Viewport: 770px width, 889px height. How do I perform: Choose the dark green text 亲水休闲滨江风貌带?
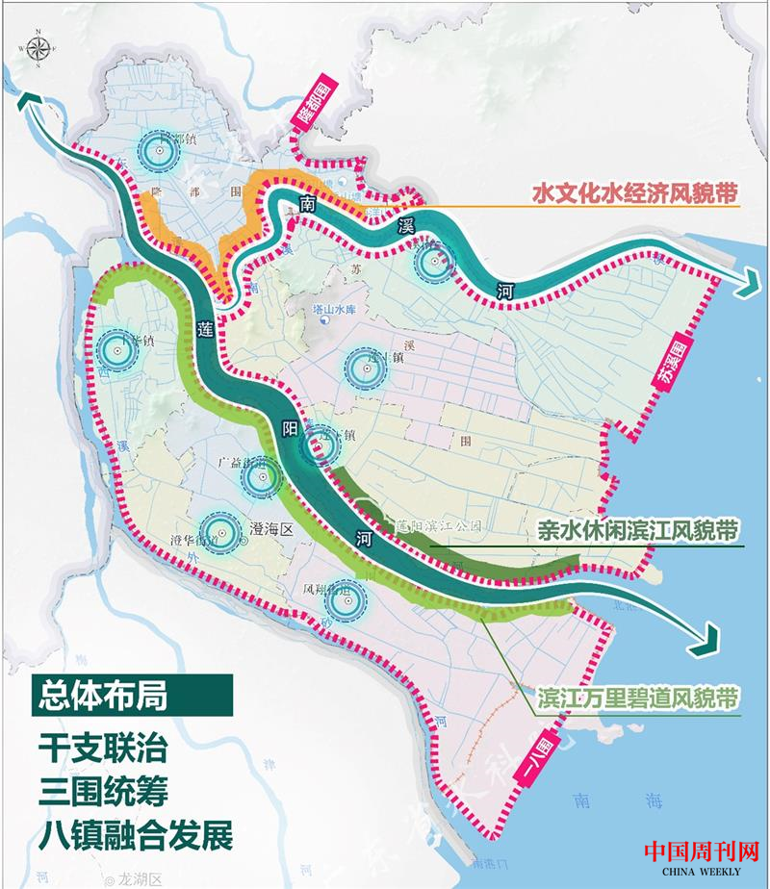[638, 529]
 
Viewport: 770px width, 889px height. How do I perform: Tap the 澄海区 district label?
[270, 528]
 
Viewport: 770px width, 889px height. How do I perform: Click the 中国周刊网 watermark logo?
[701, 854]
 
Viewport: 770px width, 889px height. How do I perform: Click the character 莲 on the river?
[205, 327]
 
